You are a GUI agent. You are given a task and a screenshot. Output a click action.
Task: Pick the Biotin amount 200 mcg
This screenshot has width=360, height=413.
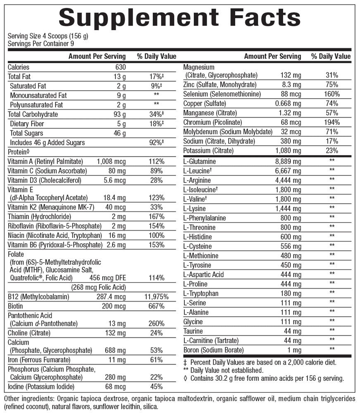click(x=114, y=306)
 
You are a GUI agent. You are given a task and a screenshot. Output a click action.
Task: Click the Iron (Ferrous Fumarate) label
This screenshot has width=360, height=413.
click(x=39, y=359)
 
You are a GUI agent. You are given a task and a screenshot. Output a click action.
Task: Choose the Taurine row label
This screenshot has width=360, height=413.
click(x=193, y=331)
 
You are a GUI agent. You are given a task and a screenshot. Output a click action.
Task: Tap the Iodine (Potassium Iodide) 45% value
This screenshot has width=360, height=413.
click(x=157, y=387)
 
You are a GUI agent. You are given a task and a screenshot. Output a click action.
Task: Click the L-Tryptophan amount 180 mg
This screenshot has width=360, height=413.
click(x=291, y=293)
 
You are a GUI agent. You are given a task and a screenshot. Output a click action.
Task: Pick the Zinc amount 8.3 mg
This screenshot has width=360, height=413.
click(x=291, y=84)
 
